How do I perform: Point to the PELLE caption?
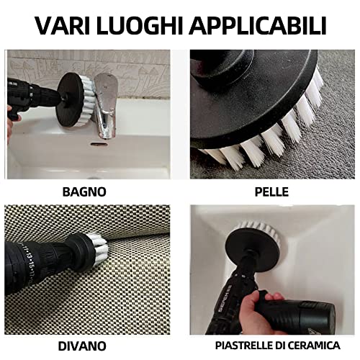point(271,192)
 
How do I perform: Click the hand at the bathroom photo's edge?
point(10,119)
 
